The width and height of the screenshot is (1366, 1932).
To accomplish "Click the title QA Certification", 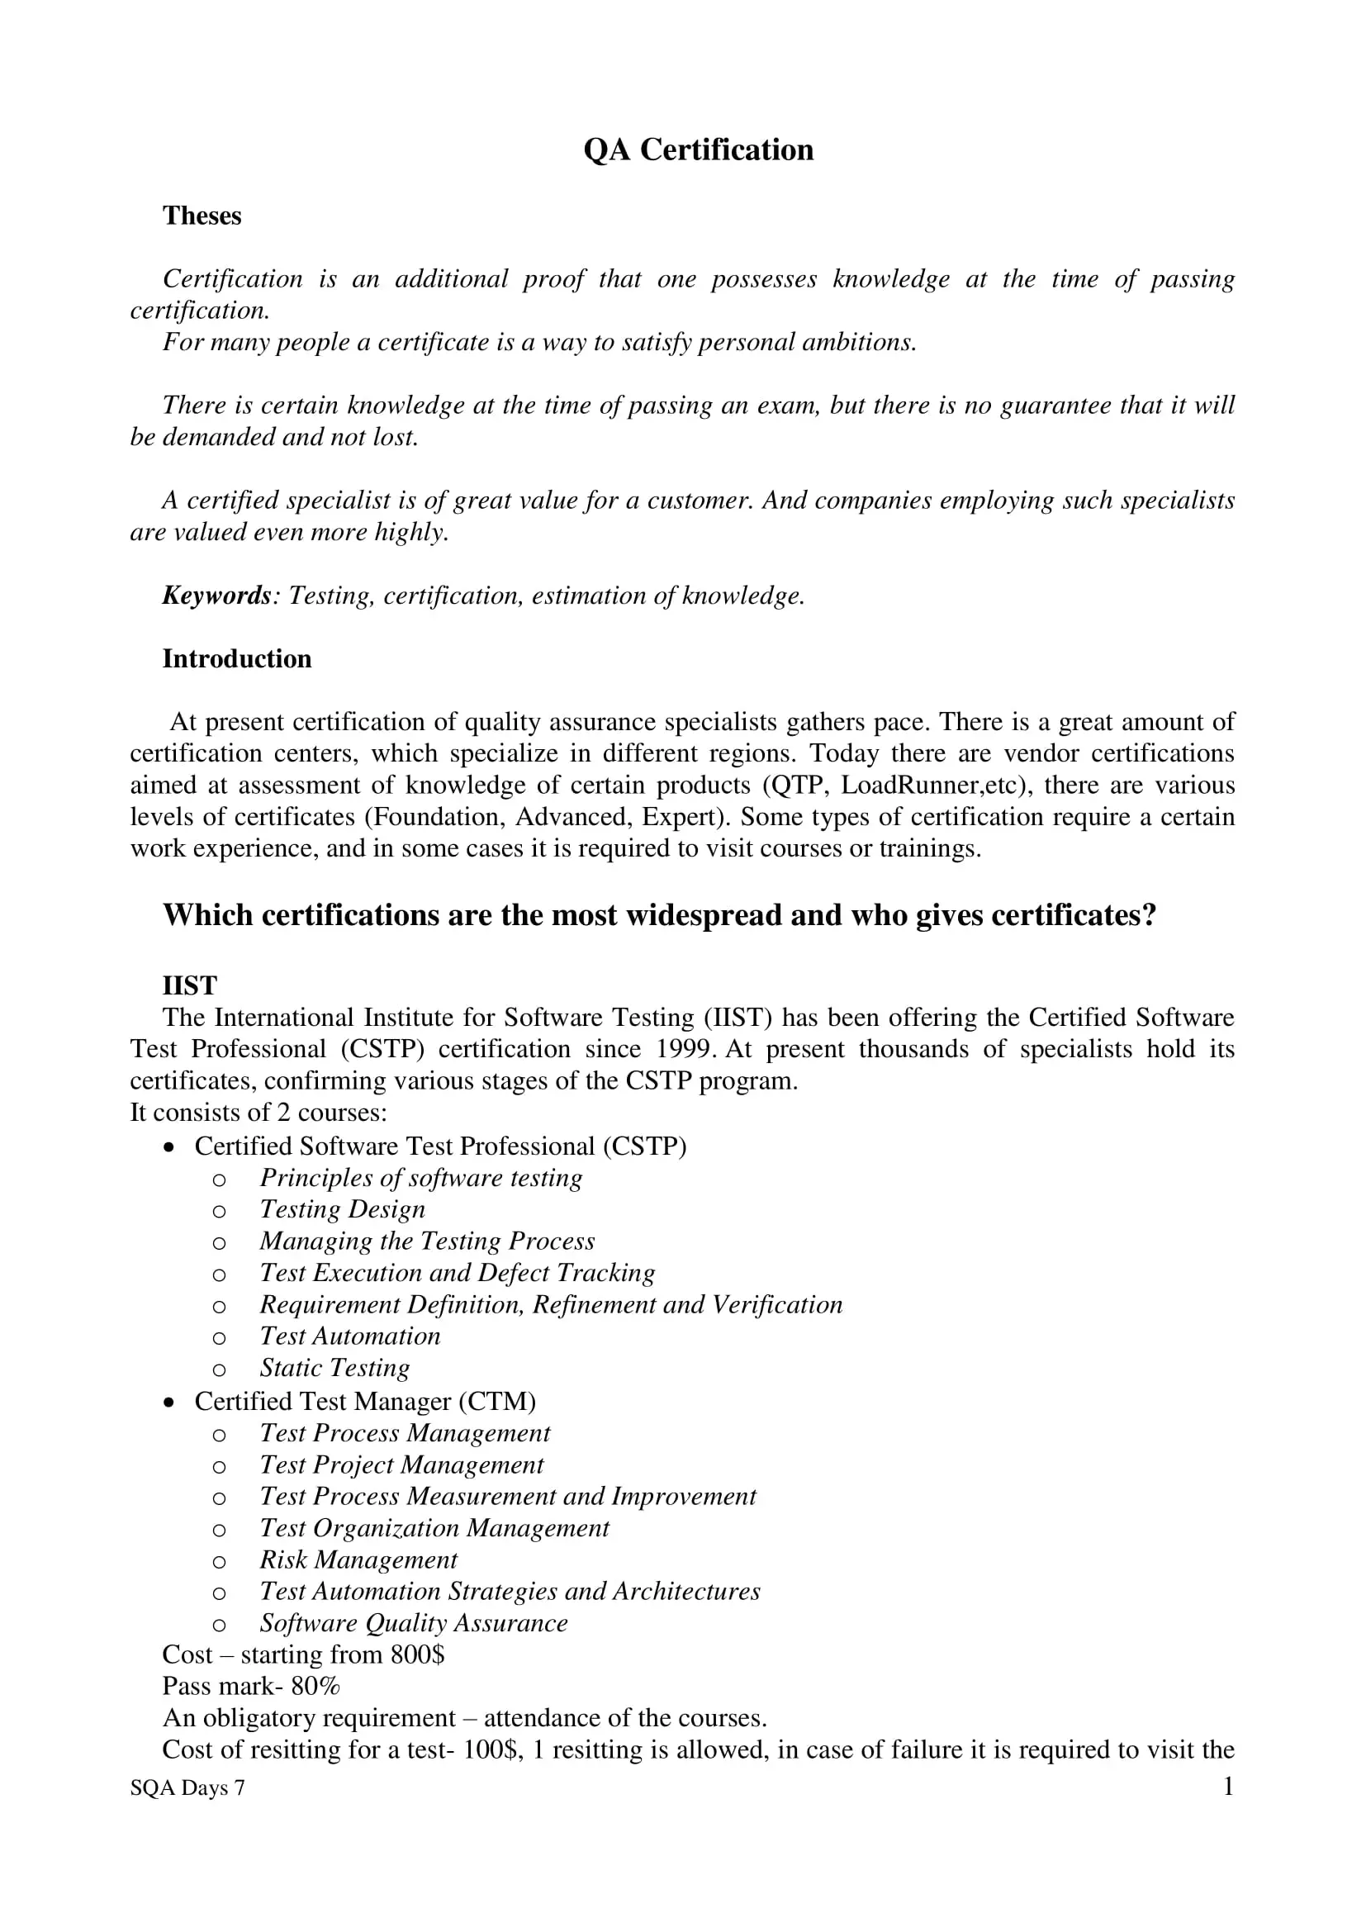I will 698,150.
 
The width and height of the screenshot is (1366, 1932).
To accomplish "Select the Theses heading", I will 202,216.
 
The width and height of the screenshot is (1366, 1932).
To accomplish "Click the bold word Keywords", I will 216,596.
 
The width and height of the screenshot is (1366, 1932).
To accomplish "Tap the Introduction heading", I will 236,659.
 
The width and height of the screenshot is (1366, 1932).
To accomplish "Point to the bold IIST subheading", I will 189,985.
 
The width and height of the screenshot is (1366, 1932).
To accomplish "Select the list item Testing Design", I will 343,1209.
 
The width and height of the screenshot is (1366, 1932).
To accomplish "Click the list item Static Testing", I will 334,1367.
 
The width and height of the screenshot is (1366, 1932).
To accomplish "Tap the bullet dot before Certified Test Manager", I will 170,1402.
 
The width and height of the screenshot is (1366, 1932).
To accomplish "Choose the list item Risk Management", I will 358,1559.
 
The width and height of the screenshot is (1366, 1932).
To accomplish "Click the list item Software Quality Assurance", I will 413,1622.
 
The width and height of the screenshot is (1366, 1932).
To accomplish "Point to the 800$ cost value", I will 417,1654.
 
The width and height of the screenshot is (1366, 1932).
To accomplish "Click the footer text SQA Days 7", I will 187,1788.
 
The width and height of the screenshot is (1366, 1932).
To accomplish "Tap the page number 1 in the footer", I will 1228,1786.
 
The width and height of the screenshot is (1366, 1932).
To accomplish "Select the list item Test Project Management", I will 401,1465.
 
